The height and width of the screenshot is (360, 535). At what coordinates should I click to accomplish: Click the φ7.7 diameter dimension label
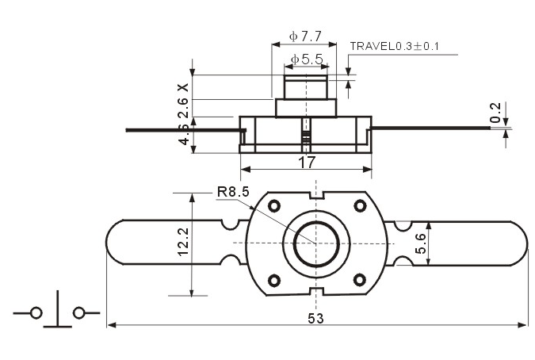coord(305,36)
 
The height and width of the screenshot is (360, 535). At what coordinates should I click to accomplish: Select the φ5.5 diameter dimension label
coord(307,59)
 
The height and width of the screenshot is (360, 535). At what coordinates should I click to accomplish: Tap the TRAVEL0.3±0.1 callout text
coord(394,46)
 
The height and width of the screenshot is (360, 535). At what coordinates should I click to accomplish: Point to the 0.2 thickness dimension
coord(495,113)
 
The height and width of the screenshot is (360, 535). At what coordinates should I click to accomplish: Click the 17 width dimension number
coord(307,163)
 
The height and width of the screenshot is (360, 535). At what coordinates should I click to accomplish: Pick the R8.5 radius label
coord(233,192)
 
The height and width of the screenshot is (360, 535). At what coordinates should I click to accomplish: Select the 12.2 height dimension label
coord(183,241)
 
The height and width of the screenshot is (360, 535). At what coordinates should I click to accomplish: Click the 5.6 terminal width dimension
coord(420,243)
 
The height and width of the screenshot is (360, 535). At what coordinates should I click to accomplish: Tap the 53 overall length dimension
coord(315,318)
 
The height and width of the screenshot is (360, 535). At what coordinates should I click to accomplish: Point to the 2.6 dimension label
coord(183,108)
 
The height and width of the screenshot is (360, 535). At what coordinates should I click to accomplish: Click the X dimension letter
coord(184,87)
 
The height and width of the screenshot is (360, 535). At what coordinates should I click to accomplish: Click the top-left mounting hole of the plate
coord(274,205)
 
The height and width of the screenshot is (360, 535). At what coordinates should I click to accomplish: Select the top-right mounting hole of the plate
coord(360,205)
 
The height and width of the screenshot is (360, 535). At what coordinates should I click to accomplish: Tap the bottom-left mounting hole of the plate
coord(274,281)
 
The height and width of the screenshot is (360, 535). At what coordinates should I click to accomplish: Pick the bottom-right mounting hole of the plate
coord(359,280)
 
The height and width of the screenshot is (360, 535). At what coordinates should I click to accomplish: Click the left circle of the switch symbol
coord(36,312)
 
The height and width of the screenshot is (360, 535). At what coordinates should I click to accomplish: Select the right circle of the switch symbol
coord(78,312)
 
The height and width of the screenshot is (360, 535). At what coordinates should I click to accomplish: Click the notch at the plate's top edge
coord(316,195)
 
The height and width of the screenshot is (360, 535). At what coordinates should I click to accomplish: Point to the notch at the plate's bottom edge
coord(316,292)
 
